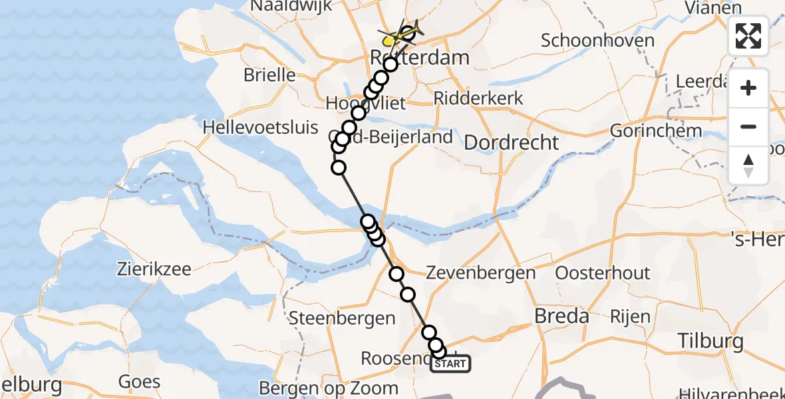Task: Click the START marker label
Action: [450, 364]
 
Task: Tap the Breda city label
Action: [562, 316]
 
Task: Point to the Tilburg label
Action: [710, 341]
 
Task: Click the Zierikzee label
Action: [154, 269]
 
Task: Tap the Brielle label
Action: [269, 74]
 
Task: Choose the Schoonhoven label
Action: [597, 40]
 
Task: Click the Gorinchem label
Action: [655, 130]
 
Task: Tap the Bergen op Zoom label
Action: [328, 388]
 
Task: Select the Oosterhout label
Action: [603, 273]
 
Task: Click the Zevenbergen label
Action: [480, 273]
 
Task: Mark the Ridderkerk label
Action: [478, 98]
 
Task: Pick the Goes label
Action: [139, 382]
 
